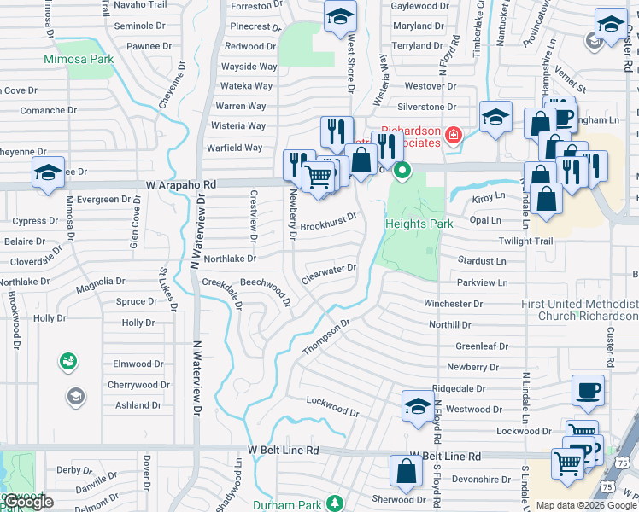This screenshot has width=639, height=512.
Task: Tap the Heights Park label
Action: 419,224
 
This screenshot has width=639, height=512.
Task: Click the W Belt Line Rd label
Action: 284,450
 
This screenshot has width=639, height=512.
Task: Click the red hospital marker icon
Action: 452,134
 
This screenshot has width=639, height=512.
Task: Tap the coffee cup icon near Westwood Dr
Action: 588,390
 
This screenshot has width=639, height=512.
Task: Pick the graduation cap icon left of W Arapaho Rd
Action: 49,172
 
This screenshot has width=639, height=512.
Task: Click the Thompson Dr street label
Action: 326,338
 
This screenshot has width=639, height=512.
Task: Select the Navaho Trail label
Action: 139,5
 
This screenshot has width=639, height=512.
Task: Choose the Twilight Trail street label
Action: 527,241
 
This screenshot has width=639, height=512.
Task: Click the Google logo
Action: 27,503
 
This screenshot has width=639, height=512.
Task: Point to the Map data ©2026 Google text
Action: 586,505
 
